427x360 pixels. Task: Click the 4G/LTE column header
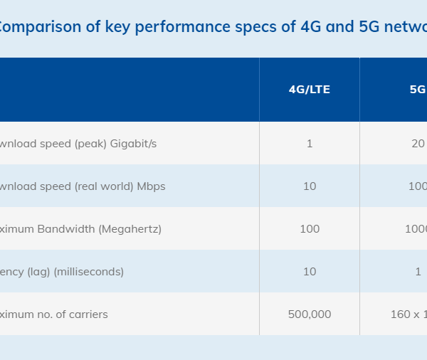pyautogui.click(x=309, y=90)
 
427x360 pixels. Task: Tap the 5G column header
pyautogui.click(x=417, y=90)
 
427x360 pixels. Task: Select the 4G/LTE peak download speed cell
pyautogui.click(x=310, y=144)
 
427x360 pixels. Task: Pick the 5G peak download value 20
pyautogui.click(x=418, y=144)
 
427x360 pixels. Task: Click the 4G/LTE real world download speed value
pyautogui.click(x=310, y=186)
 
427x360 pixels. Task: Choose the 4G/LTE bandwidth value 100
pyautogui.click(x=310, y=229)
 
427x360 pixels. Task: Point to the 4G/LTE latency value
pyautogui.click(x=310, y=272)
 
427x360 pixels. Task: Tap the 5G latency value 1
pyautogui.click(x=418, y=272)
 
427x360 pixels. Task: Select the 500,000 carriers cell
pyautogui.click(x=310, y=314)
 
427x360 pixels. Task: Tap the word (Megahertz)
pyautogui.click(x=130, y=229)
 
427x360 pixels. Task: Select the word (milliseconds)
pyautogui.click(x=89, y=272)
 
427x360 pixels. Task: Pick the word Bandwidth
pyautogui.click(x=68, y=229)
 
